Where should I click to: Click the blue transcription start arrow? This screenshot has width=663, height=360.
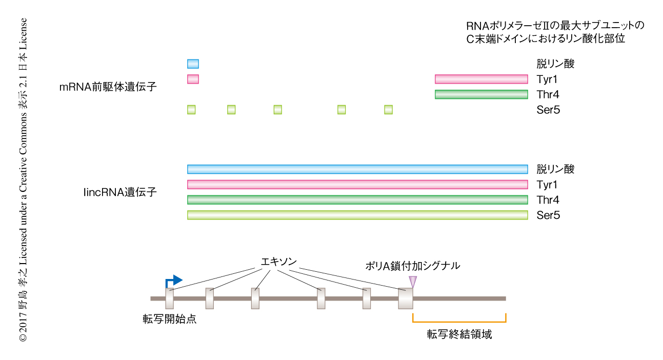(174, 281)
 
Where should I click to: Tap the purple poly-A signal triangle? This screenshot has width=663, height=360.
(413, 282)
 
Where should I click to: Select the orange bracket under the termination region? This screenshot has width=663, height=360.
(459, 322)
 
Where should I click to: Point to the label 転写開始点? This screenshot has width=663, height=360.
(169, 319)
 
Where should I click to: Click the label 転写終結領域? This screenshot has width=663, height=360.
(459, 334)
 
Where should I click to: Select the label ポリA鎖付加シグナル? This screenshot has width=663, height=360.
(412, 266)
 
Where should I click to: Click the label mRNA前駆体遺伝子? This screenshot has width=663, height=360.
(108, 87)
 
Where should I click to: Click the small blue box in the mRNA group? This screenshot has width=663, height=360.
(193, 64)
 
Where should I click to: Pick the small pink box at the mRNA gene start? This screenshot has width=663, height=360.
(193, 79)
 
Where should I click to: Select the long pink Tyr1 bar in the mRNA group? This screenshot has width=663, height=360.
(481, 79)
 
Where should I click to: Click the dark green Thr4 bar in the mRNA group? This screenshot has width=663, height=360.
(481, 94)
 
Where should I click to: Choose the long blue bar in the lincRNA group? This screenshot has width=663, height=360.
(357, 169)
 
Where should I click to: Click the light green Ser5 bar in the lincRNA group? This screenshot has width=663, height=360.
(357, 215)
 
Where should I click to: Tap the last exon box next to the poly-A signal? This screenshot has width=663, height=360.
(405, 298)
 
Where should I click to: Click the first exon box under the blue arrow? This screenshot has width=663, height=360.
(169, 298)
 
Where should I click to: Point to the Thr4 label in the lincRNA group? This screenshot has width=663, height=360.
(548, 200)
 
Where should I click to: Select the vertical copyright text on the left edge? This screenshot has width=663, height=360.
(23, 180)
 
